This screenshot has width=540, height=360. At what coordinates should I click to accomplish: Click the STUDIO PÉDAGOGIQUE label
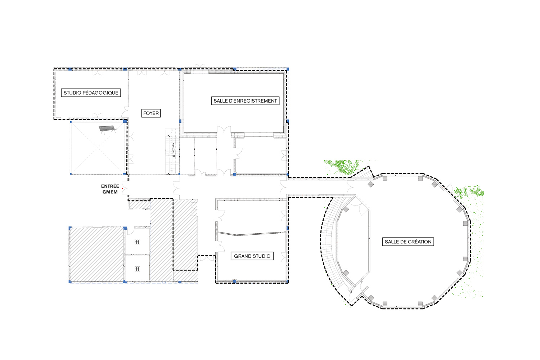pyautogui.click(x=91, y=93)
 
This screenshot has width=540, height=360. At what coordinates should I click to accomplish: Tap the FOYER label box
pyautogui.click(x=151, y=113)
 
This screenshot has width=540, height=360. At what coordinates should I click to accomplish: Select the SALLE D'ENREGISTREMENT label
pyautogui.click(x=245, y=101)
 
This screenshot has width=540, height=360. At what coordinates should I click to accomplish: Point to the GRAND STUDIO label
pyautogui.click(x=252, y=256)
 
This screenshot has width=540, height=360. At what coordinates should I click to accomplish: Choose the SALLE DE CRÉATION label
pyautogui.click(x=408, y=242)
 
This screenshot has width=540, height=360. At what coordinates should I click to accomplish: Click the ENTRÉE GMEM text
pyautogui.click(x=110, y=189)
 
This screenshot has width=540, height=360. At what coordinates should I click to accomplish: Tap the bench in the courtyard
pyautogui.click(x=108, y=129)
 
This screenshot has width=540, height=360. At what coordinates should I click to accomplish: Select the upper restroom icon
pyautogui.click(x=137, y=242)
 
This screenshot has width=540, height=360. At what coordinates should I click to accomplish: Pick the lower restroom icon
pyautogui.click(x=137, y=269)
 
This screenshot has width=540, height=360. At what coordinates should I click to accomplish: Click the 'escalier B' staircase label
pyautogui.click(x=174, y=150)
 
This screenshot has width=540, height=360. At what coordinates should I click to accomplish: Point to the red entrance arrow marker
pyautogui.click(x=123, y=188)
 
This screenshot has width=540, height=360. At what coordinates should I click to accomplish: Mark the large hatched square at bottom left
pyautogui.click(x=96, y=254)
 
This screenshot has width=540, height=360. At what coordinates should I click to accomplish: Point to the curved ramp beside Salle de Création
pyautogui.click(x=328, y=245)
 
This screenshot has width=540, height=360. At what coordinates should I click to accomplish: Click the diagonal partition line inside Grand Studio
pyautogui.click(x=252, y=234)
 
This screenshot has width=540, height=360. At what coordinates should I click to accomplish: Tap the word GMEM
pyautogui.click(x=110, y=192)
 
